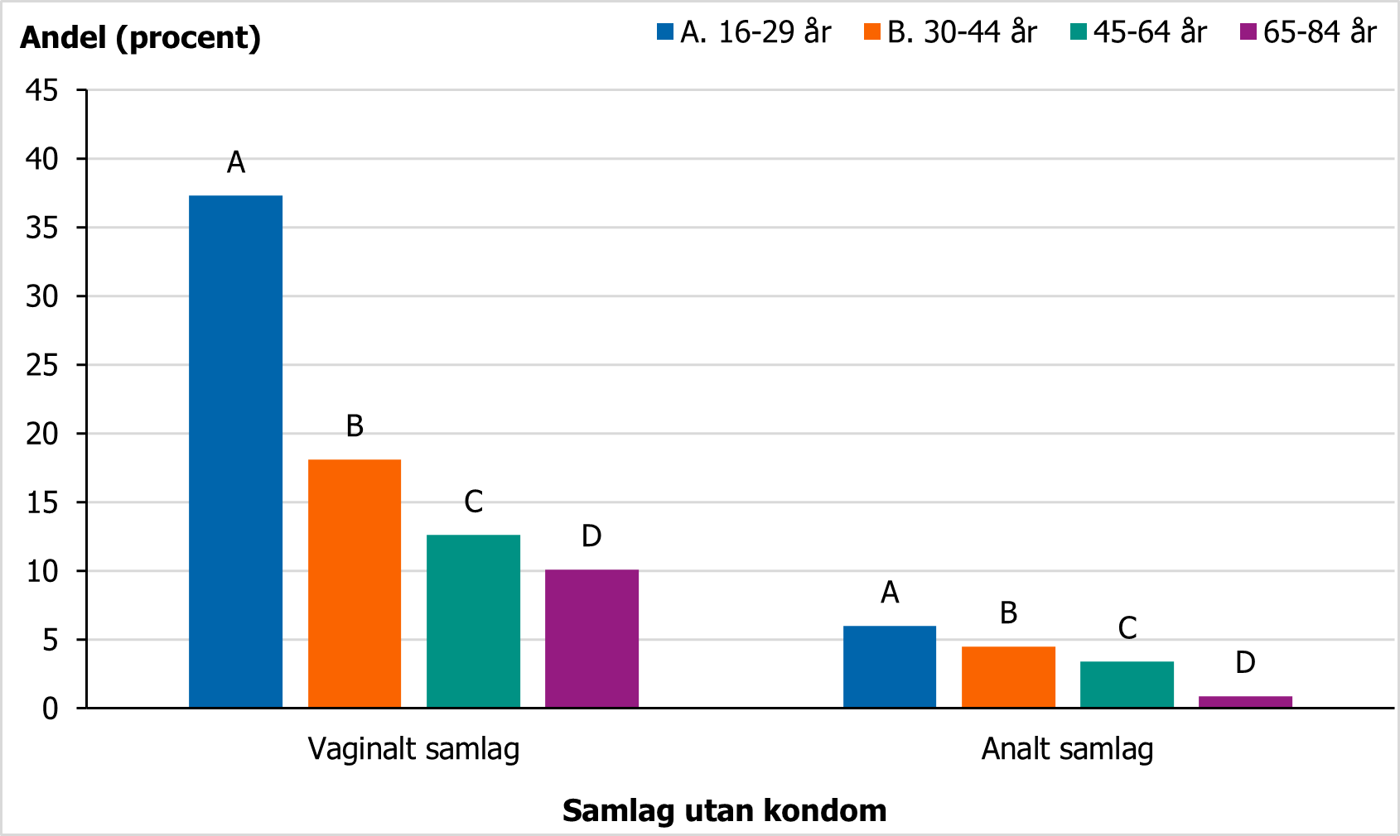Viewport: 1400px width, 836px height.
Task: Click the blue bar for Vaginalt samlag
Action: click(x=235, y=451)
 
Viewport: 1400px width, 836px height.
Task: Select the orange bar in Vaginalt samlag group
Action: click(x=355, y=584)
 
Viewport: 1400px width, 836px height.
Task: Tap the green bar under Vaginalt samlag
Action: click(x=473, y=622)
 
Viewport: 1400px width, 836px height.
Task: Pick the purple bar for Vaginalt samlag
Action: click(x=591, y=639)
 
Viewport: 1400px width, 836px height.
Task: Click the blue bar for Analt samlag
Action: click(x=890, y=667)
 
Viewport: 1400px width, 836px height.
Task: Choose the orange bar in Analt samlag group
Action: click(x=1008, y=677)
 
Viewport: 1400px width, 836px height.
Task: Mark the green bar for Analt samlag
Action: click(x=1127, y=685)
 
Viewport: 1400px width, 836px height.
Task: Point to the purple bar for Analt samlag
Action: click(x=1246, y=703)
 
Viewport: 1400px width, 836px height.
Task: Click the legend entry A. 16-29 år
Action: click(x=744, y=31)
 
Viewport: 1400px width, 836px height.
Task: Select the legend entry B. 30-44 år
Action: click(x=950, y=31)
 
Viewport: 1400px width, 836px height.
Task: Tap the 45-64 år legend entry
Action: click(x=1138, y=31)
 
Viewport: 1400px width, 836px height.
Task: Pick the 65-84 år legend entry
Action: click(x=1308, y=31)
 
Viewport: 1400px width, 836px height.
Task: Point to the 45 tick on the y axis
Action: click(x=42, y=90)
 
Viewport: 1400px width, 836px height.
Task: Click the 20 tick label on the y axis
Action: click(x=42, y=434)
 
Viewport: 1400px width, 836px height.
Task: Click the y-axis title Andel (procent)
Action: click(x=141, y=37)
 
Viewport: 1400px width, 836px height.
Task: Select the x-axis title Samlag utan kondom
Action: click(x=724, y=810)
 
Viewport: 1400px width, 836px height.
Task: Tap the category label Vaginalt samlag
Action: click(x=413, y=749)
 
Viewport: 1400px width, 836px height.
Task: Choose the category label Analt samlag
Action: click(x=1068, y=749)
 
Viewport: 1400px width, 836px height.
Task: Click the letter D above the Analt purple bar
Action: click(x=1246, y=662)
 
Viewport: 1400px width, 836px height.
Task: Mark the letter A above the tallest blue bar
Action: click(x=235, y=162)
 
